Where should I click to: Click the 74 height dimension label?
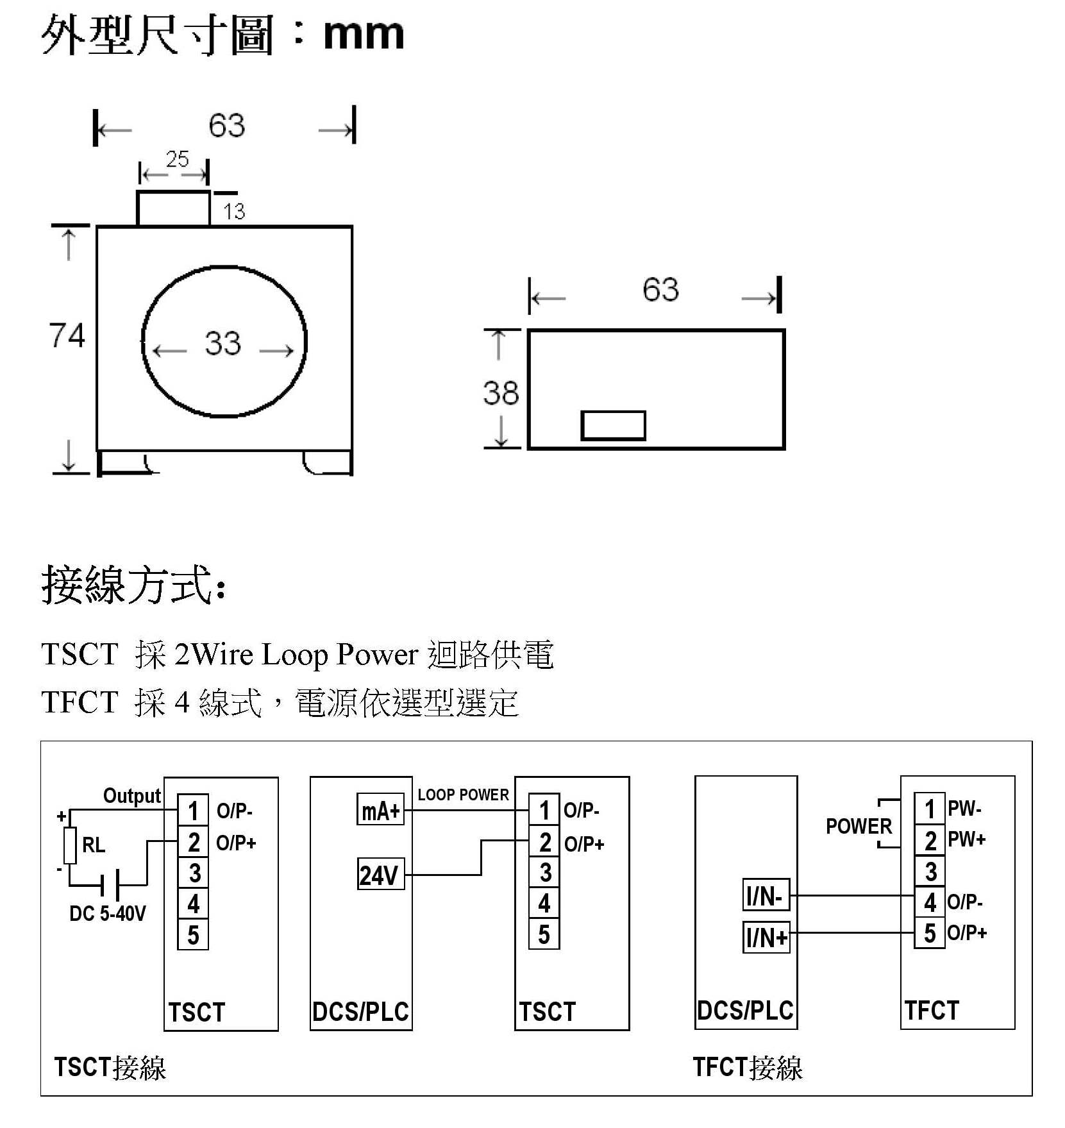tap(67, 335)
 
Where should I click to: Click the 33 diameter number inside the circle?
tap(222, 343)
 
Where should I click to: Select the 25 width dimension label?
tap(177, 159)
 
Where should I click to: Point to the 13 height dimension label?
tap(234, 211)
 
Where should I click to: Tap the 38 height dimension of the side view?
tap(501, 393)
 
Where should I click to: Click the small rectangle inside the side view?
tap(613, 426)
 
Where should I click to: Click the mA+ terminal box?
tap(380, 811)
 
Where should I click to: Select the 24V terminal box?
tap(380, 875)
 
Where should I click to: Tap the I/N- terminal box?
tap(766, 895)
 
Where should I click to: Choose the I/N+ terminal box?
tap(766, 938)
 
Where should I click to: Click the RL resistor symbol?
tap(70, 846)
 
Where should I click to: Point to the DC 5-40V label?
tap(108, 913)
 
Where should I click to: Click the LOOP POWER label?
tap(463, 795)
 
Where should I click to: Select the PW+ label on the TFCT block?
tap(966, 839)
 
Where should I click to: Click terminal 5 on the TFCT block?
tap(930, 933)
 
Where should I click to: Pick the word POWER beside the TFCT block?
tap(859, 826)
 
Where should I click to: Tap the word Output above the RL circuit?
tap(132, 796)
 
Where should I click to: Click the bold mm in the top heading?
tap(364, 35)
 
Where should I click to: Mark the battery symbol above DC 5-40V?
tap(110, 887)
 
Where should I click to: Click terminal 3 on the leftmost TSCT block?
tap(194, 873)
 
